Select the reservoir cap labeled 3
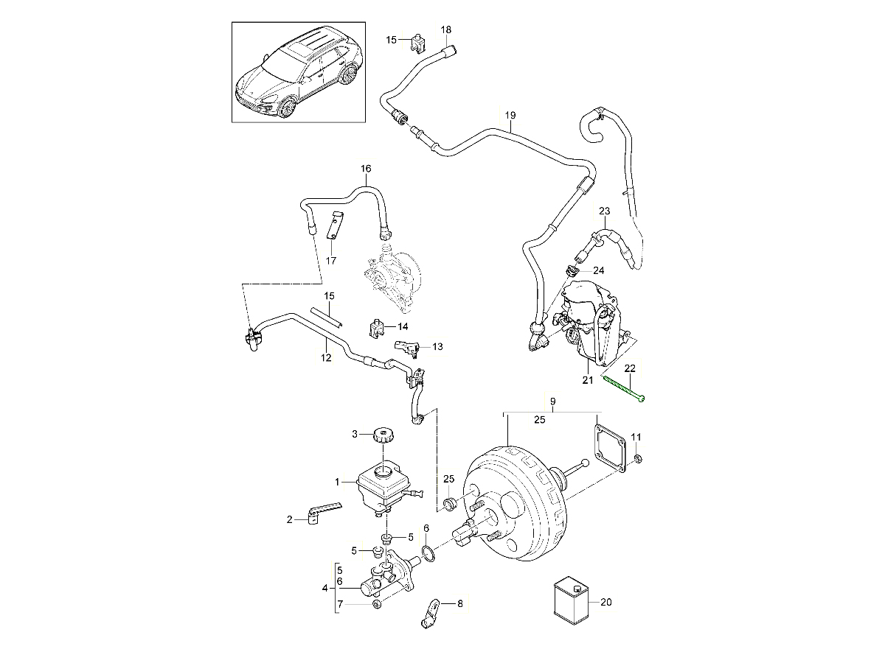(383, 435)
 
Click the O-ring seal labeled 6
(428, 552)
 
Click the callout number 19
(510, 116)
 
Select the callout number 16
(367, 169)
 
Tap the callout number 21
(587, 380)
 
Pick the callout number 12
(326, 358)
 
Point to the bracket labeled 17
(334, 225)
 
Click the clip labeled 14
(377, 326)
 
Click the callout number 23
(605, 211)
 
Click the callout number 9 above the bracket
(552, 402)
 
